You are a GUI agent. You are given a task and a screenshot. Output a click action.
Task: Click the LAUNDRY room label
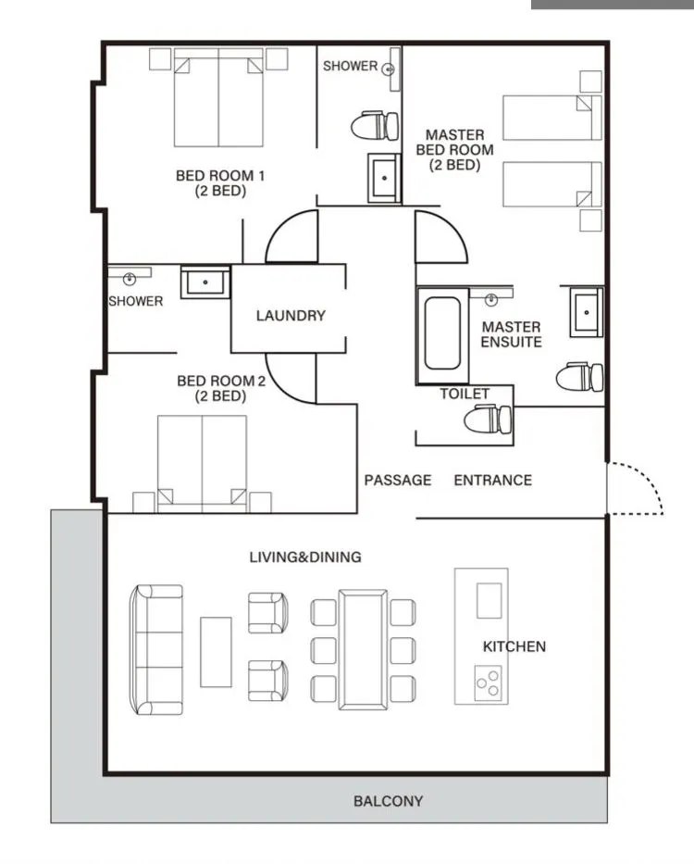pyautogui.click(x=291, y=316)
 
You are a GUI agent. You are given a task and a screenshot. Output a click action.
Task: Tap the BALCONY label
pyautogui.click(x=389, y=801)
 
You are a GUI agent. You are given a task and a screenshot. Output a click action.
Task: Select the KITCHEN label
pyautogui.click(x=514, y=646)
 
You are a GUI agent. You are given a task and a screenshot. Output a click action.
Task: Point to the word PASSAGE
pyautogui.click(x=398, y=480)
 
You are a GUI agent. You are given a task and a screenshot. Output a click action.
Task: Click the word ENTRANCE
pyautogui.click(x=493, y=480)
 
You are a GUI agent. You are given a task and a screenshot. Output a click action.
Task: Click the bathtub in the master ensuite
pyautogui.click(x=443, y=333)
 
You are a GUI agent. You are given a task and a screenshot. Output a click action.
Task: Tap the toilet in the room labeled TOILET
pyautogui.click(x=488, y=419)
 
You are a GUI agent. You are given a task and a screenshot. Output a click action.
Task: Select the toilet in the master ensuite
pyautogui.click(x=580, y=378)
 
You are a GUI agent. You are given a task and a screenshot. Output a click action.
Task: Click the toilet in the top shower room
pyautogui.click(x=375, y=126)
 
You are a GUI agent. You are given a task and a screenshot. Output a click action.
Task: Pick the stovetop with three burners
pyautogui.click(x=489, y=683)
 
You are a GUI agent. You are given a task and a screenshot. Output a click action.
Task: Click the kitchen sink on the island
pyautogui.click(x=490, y=601)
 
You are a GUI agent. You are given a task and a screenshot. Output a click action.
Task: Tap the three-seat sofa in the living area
pyautogui.click(x=156, y=650)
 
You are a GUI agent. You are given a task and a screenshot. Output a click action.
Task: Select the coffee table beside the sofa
pyautogui.click(x=216, y=652)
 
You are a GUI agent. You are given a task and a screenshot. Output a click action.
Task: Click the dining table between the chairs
pyautogui.click(x=363, y=650)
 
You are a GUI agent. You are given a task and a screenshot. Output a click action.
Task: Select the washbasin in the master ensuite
pyautogui.click(x=587, y=312)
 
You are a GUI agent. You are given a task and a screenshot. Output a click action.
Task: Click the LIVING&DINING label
pyautogui.click(x=305, y=557)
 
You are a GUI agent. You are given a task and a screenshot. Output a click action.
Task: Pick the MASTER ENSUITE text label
pyautogui.click(x=512, y=334)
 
